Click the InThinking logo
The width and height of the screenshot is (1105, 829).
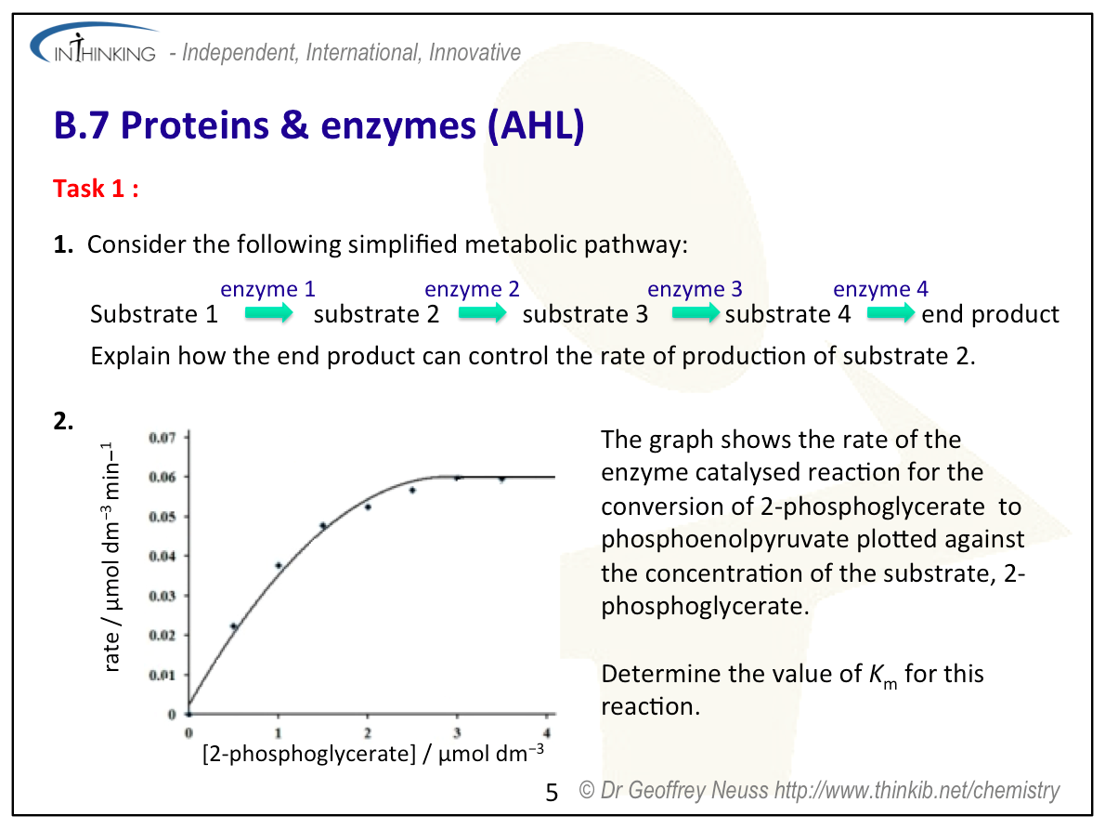click(x=94, y=45)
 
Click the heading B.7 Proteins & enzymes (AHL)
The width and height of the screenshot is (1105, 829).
click(x=319, y=125)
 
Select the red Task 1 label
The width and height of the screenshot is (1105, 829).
click(x=96, y=189)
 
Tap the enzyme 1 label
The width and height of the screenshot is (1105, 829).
click(x=267, y=288)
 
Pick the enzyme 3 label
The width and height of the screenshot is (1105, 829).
click(x=695, y=288)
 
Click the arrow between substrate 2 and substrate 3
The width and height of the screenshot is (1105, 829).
click(x=482, y=312)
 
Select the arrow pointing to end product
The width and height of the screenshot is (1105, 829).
click(x=890, y=312)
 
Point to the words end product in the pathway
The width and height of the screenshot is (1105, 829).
click(x=990, y=314)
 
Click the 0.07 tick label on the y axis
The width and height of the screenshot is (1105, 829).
click(x=162, y=438)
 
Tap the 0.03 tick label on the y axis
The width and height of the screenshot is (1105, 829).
click(x=162, y=596)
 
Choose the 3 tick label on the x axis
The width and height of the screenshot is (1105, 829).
click(x=457, y=733)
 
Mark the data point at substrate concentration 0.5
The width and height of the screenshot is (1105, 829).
click(x=234, y=625)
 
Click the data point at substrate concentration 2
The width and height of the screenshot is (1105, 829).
click(x=368, y=507)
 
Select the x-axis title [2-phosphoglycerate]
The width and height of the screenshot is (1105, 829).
click(x=309, y=754)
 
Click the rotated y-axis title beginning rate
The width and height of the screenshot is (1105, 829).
click(x=111, y=558)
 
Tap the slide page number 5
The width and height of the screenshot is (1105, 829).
click(x=552, y=793)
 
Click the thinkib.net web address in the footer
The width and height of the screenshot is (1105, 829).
click(x=916, y=790)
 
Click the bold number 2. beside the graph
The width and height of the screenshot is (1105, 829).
click(x=63, y=420)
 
